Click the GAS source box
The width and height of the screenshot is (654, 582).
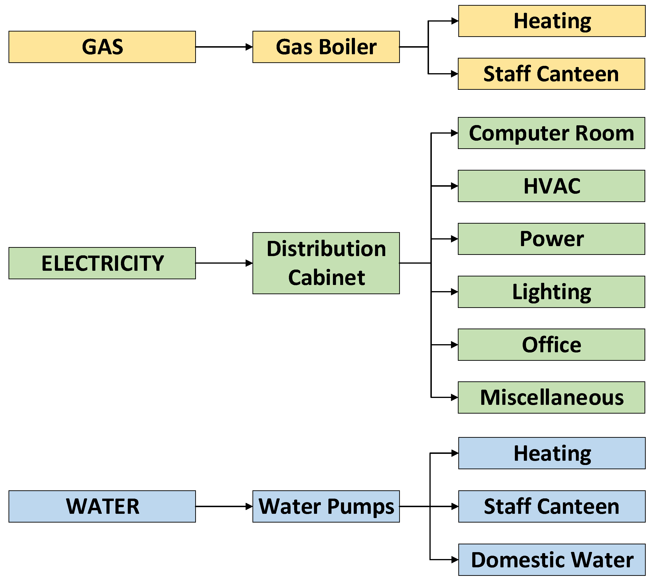click(102, 47)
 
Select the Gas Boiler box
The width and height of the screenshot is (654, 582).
click(326, 47)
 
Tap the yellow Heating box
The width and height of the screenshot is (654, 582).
click(552, 21)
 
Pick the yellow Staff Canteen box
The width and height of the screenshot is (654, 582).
click(551, 74)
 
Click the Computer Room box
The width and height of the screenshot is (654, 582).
click(551, 133)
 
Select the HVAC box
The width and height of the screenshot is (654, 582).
click(551, 186)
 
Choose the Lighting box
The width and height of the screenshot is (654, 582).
click(551, 292)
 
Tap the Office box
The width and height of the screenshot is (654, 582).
click(551, 345)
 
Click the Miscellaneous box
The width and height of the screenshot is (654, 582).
click(551, 397)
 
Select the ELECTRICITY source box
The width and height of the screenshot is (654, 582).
click(102, 263)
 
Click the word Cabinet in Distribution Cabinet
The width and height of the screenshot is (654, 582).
click(326, 277)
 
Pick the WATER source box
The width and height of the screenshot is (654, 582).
click(102, 506)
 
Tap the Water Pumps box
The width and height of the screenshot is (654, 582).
click(326, 506)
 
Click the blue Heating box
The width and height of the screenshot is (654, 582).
click(552, 453)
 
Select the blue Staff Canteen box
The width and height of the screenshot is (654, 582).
click(552, 506)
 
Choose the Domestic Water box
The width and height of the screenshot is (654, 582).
click(552, 560)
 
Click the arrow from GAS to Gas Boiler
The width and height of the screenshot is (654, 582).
click(224, 47)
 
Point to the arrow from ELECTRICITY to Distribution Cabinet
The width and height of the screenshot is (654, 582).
click(224, 263)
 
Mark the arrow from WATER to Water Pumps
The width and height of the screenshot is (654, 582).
click(224, 506)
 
